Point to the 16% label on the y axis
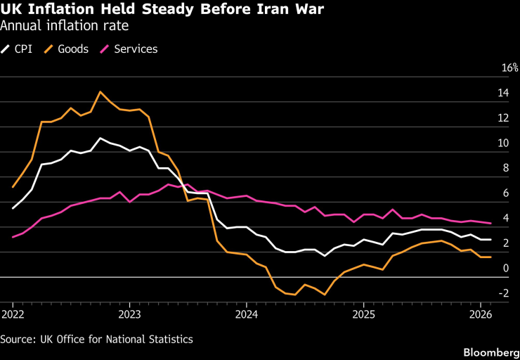point(509,68)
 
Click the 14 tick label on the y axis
point(504,94)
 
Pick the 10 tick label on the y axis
point(504,143)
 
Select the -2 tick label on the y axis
point(504,293)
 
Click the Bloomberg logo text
point(489,350)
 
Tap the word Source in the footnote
point(17,339)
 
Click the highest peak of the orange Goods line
point(100,91)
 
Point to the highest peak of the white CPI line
point(100,138)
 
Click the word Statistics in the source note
point(168,339)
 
